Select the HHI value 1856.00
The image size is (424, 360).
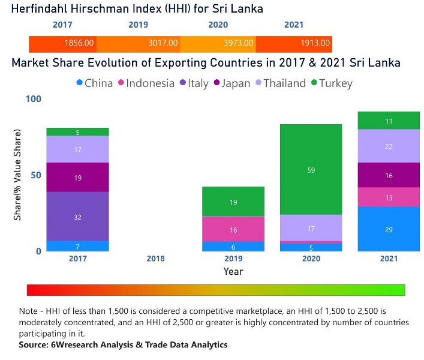[x=79, y=43]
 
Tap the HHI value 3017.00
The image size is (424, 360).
[x=163, y=43]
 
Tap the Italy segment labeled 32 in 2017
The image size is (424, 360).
[x=77, y=217]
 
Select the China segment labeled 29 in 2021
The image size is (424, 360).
[x=388, y=229]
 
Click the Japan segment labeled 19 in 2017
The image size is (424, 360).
[x=77, y=178]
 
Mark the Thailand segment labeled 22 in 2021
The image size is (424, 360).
[x=388, y=146]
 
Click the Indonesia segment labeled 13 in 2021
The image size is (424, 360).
[x=388, y=197]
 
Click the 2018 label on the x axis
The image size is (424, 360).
[x=155, y=259]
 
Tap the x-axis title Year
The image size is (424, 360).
[x=233, y=271]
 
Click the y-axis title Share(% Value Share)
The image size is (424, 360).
[x=18, y=175]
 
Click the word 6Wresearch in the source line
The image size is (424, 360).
[x=74, y=345]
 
